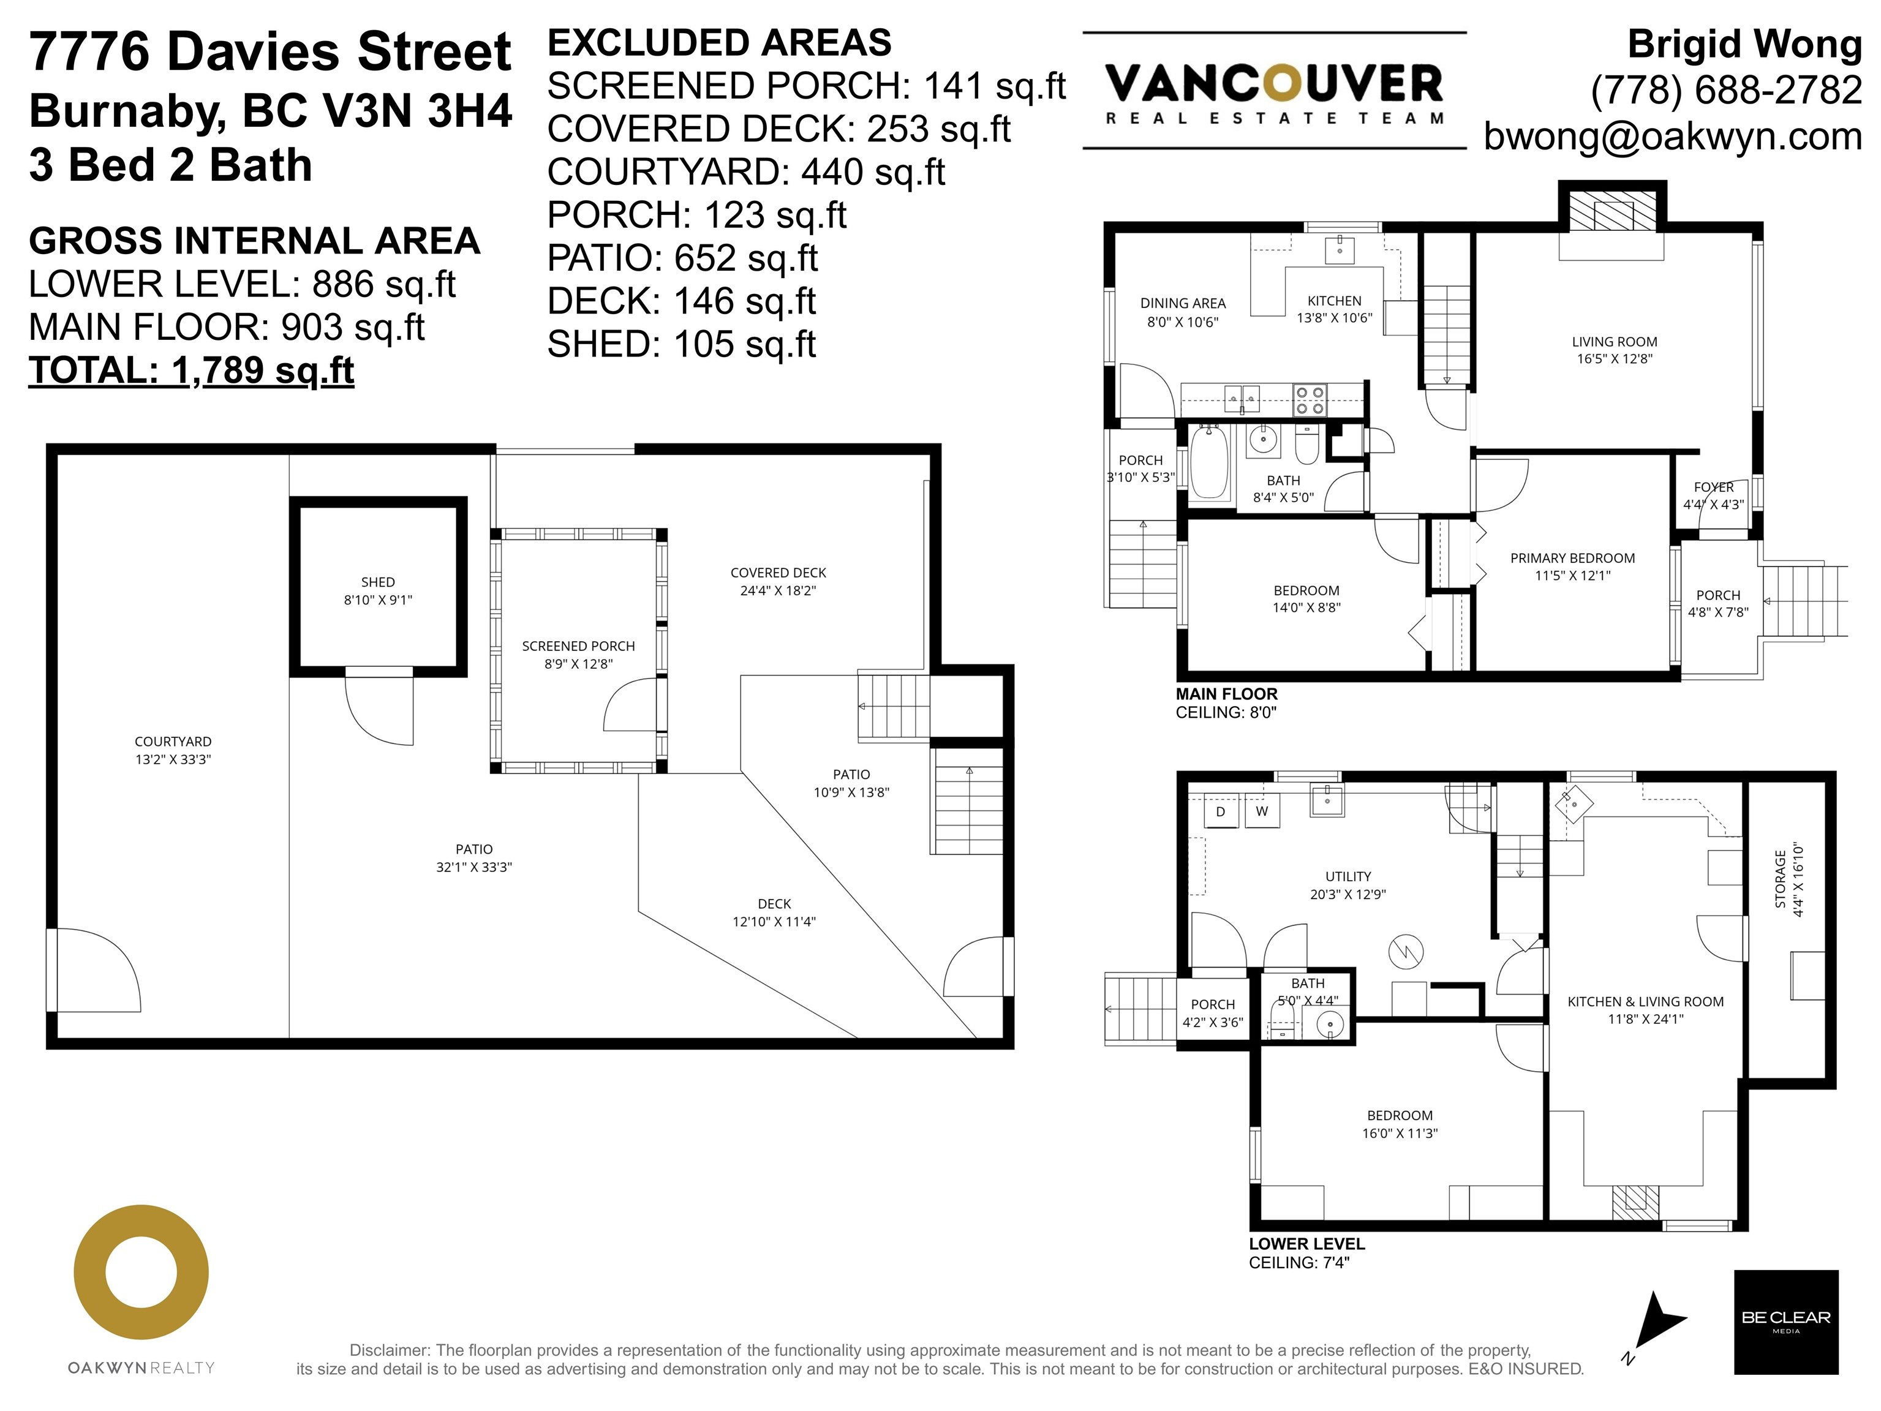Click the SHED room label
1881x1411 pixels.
click(377, 582)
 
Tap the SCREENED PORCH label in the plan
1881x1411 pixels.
click(578, 646)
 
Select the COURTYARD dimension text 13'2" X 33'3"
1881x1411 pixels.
click(173, 759)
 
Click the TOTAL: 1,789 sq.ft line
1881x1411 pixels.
click(191, 371)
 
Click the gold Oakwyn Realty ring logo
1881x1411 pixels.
click(141, 1273)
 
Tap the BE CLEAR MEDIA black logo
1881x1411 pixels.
click(1786, 1322)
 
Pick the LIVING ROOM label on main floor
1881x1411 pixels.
click(1614, 342)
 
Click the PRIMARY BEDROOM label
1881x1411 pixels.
click(1572, 559)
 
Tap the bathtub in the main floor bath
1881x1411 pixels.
click(1208, 462)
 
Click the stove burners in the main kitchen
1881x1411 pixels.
click(1310, 401)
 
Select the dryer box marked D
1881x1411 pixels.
click(1220, 811)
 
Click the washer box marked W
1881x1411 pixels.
click(1262, 811)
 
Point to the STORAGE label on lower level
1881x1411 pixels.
click(1780, 879)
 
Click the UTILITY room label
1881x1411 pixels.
click(1348, 876)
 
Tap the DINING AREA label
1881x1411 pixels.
click(1183, 303)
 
